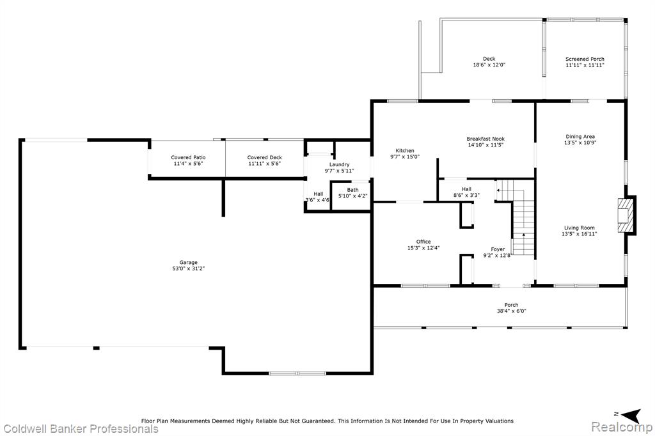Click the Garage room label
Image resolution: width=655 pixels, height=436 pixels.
189,263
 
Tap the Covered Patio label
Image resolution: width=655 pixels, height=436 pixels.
188,157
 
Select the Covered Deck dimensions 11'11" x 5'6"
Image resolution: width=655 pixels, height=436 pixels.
264,164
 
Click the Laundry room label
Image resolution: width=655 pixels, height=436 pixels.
339,164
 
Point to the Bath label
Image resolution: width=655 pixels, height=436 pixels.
352,190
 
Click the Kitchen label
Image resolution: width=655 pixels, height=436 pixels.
405,151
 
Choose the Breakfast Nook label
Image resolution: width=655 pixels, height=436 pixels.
485,139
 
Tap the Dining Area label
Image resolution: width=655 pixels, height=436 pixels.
580,137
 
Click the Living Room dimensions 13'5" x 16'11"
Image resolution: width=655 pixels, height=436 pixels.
580,234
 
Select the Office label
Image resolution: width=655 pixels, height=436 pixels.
423,242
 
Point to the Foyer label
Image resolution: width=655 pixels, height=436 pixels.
498,249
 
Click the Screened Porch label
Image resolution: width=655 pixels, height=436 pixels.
585,59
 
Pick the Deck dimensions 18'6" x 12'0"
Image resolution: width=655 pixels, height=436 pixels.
489,65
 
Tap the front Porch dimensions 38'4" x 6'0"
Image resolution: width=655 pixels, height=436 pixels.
511,311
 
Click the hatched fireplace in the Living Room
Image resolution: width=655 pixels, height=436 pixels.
626,215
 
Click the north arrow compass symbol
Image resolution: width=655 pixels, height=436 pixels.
631,414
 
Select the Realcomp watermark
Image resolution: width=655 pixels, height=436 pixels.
622,427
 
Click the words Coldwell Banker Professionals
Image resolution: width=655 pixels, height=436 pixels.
81,428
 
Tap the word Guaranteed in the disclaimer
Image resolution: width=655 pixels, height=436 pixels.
319,421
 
